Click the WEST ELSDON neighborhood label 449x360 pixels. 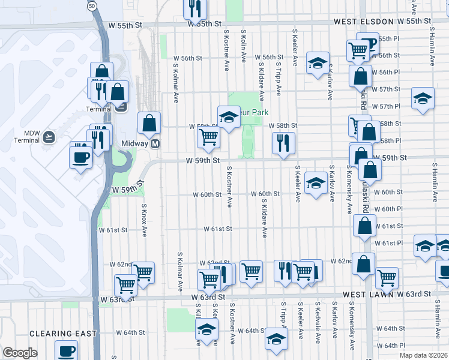pos(359,22)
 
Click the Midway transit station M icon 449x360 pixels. pos(155,144)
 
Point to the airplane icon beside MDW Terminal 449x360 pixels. pos(49,137)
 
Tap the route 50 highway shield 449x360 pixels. pos(91,5)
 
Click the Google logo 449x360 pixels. pos(20,353)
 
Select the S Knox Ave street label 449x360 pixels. pos(144,220)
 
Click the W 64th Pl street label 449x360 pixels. pos(393,346)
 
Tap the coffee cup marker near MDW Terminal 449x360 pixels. pos(80,158)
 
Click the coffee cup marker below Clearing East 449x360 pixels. pos(66,350)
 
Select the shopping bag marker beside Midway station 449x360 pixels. pos(149,123)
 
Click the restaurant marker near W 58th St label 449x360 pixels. pos(283,143)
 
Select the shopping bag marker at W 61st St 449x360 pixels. pos(364,226)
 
